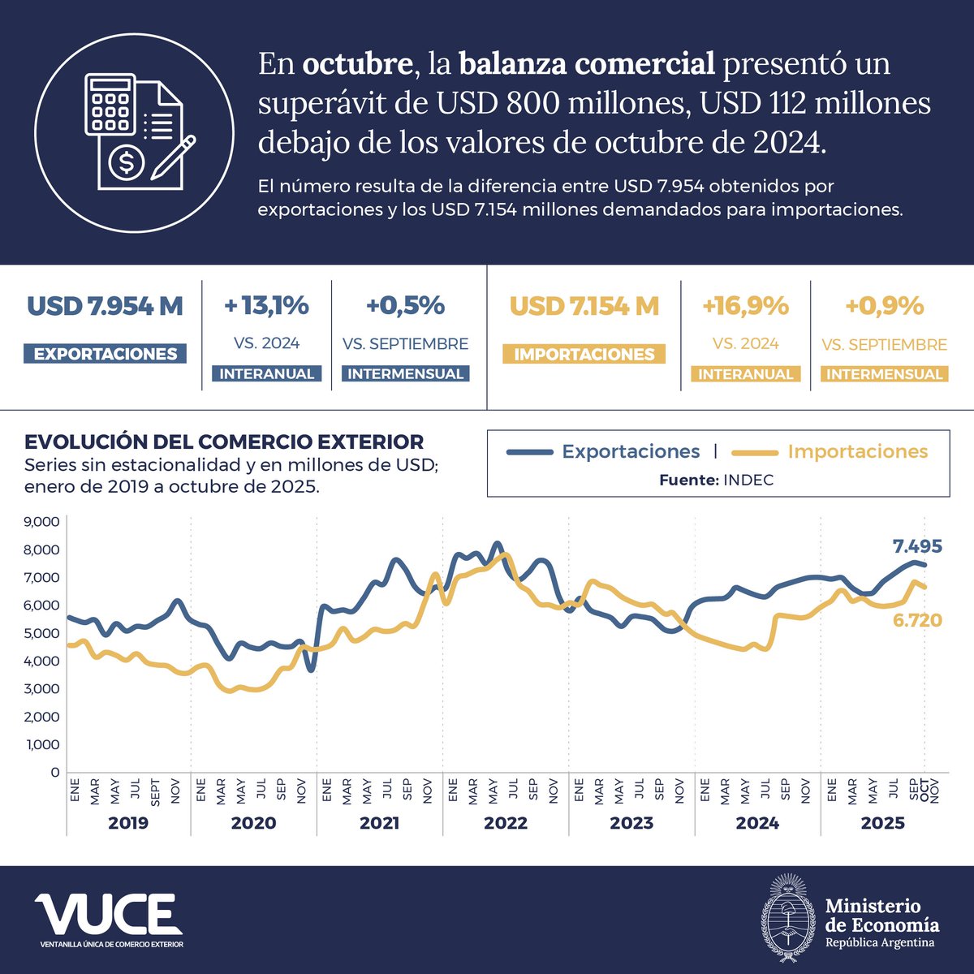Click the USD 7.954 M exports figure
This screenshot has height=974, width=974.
pyautogui.click(x=105, y=307)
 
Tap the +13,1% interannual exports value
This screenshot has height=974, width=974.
pyautogui.click(x=266, y=306)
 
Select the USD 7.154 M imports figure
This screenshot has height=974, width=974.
pyautogui.click(x=584, y=307)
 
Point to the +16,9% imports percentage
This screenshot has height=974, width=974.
pyautogui.click(x=745, y=306)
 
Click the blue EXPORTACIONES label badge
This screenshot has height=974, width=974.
pyautogui.click(x=106, y=354)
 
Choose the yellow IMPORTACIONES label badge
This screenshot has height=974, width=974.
pyautogui.click(x=584, y=355)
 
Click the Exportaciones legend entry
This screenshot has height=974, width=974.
pyautogui.click(x=630, y=452)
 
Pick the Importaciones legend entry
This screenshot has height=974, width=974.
pyautogui.click(x=857, y=452)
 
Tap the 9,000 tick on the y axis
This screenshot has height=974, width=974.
pyautogui.click(x=42, y=522)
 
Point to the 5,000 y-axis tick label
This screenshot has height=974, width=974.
pyautogui.click(x=42, y=633)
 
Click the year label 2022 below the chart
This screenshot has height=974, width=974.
pyautogui.click(x=506, y=823)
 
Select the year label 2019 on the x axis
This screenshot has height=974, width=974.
pyautogui.click(x=128, y=823)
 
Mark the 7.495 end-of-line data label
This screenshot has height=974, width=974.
pyautogui.click(x=917, y=546)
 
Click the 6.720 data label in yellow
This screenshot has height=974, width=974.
pyautogui.click(x=917, y=621)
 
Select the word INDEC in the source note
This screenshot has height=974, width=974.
pyautogui.click(x=748, y=481)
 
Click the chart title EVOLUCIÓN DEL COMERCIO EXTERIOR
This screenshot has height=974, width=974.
pyautogui.click(x=224, y=442)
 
